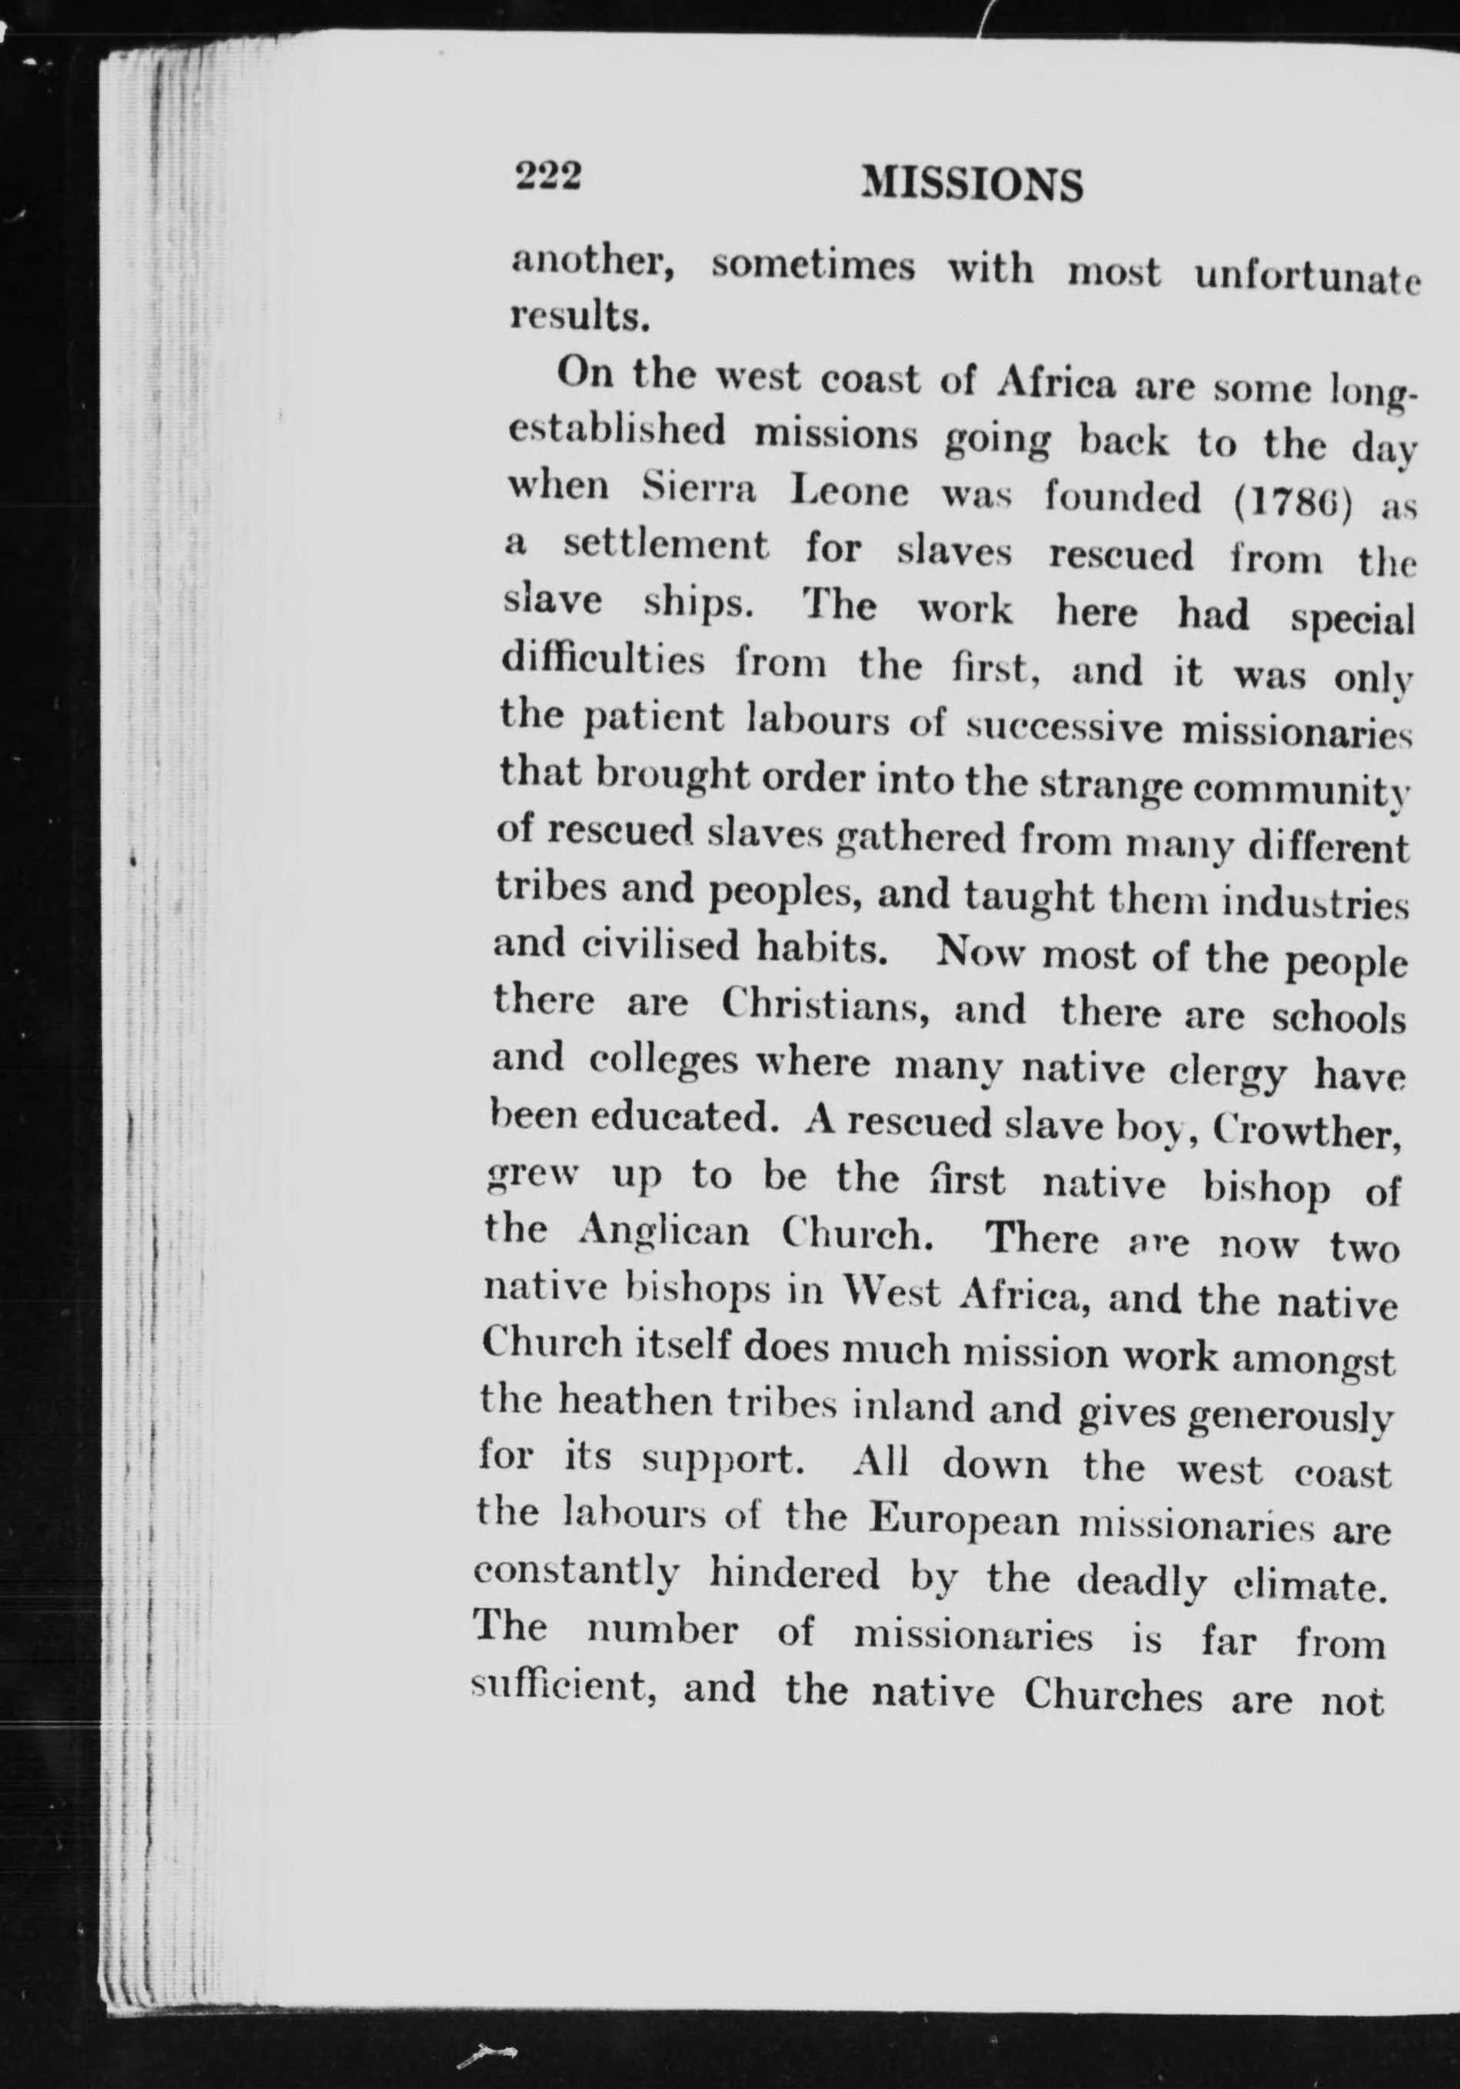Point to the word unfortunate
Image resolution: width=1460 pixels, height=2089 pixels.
[x=1307, y=278]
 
